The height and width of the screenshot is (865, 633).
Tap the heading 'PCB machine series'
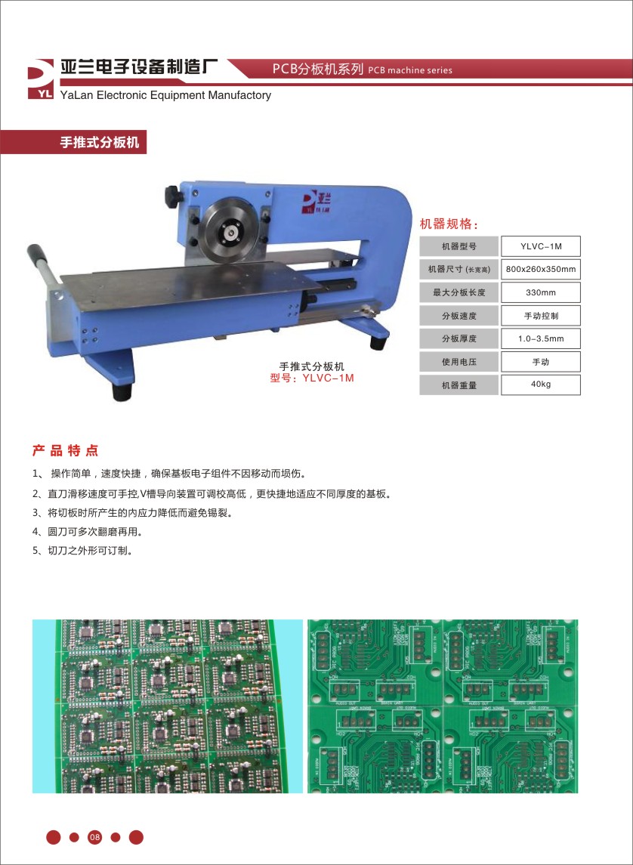pyautogui.click(x=411, y=70)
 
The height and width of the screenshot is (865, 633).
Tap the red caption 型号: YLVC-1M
pyautogui.click(x=312, y=378)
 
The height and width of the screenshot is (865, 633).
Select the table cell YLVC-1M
pyautogui.click(x=540, y=246)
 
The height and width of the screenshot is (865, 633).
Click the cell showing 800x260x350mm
pyautogui.click(x=540, y=269)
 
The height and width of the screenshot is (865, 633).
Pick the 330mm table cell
pyautogui.click(x=540, y=292)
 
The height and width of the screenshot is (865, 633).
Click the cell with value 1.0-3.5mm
pyautogui.click(x=540, y=338)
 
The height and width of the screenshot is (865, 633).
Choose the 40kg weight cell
pyautogui.click(x=540, y=385)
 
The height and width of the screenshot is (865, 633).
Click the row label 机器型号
pyautogui.click(x=459, y=246)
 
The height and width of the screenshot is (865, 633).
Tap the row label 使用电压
pyautogui.click(x=459, y=362)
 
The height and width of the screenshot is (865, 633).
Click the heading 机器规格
pyautogui.click(x=449, y=224)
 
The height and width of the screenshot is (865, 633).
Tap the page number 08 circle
pyautogui.click(x=94, y=836)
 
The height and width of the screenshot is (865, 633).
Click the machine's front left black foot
pyautogui.click(x=120, y=391)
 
